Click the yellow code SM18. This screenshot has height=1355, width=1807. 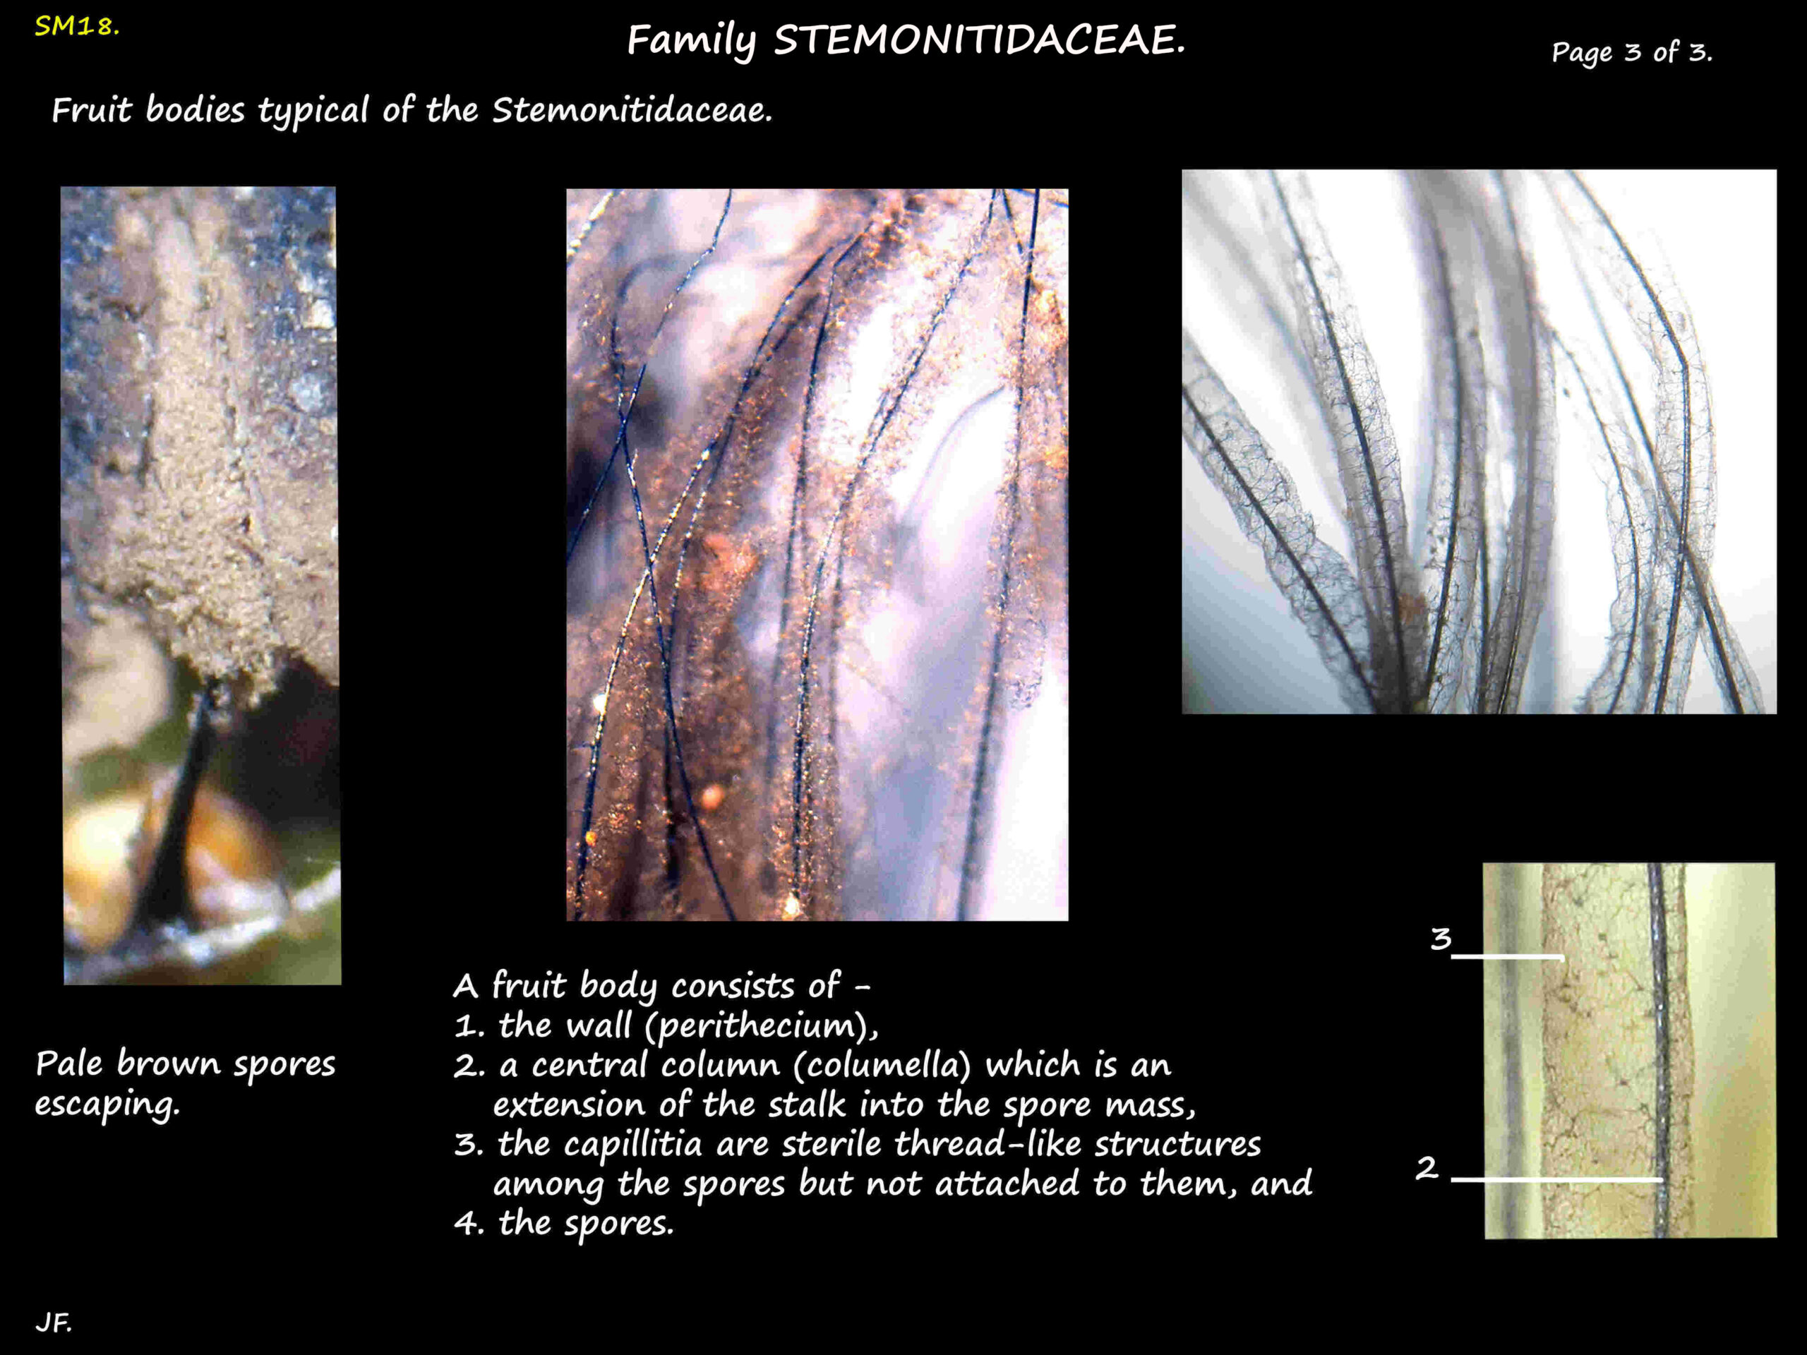pos(77,27)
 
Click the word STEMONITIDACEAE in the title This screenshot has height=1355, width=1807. pos(978,40)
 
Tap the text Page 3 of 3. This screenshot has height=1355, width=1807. pos(1631,53)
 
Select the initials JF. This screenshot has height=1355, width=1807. pos(53,1323)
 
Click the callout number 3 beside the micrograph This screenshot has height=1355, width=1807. pos(1441,939)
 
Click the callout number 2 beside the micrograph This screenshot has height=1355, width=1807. pos(1427,1168)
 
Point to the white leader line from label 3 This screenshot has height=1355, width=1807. pos(1507,956)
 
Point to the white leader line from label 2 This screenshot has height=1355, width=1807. pos(1556,1179)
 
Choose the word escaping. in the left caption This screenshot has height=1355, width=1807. pos(107,1104)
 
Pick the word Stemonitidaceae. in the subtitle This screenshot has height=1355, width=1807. pos(632,110)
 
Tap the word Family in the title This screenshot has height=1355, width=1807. pos(691,40)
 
